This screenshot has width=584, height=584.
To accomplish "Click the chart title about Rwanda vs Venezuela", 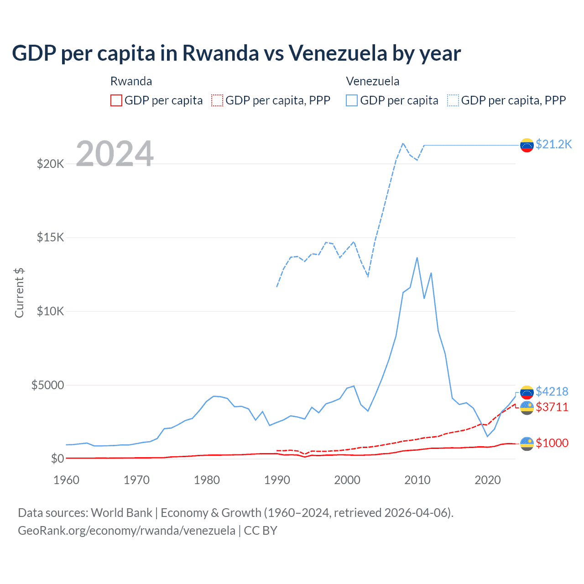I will click(236, 53).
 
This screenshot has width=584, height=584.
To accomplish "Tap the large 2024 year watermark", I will click(115, 154).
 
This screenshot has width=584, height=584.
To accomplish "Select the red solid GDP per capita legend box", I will click(116, 100).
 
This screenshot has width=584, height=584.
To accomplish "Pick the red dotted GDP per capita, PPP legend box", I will click(217, 100).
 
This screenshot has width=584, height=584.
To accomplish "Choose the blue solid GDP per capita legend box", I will click(352, 100).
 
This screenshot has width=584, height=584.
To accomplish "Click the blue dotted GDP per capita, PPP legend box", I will click(453, 100).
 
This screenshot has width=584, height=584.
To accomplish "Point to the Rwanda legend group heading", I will click(131, 81).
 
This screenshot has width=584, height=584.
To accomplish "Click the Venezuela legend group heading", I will click(372, 81).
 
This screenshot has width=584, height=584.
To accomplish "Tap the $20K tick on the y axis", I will click(50, 164).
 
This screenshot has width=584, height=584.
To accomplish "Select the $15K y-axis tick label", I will click(50, 237).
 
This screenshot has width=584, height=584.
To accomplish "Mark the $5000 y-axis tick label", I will click(47, 385).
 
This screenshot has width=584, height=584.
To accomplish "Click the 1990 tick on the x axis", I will click(277, 480).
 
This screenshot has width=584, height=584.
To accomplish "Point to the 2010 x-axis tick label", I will click(417, 480).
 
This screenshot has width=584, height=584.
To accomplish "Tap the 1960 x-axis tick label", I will click(67, 480).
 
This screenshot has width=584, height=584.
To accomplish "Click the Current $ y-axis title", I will click(19, 293).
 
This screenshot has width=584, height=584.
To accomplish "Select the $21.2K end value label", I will click(553, 144).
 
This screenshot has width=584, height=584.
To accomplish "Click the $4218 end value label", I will click(552, 391).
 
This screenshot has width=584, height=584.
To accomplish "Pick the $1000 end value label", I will click(552, 443).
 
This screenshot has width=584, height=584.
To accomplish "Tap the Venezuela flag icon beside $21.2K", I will click(527, 145).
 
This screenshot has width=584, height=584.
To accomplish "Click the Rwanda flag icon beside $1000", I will click(527, 443).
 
